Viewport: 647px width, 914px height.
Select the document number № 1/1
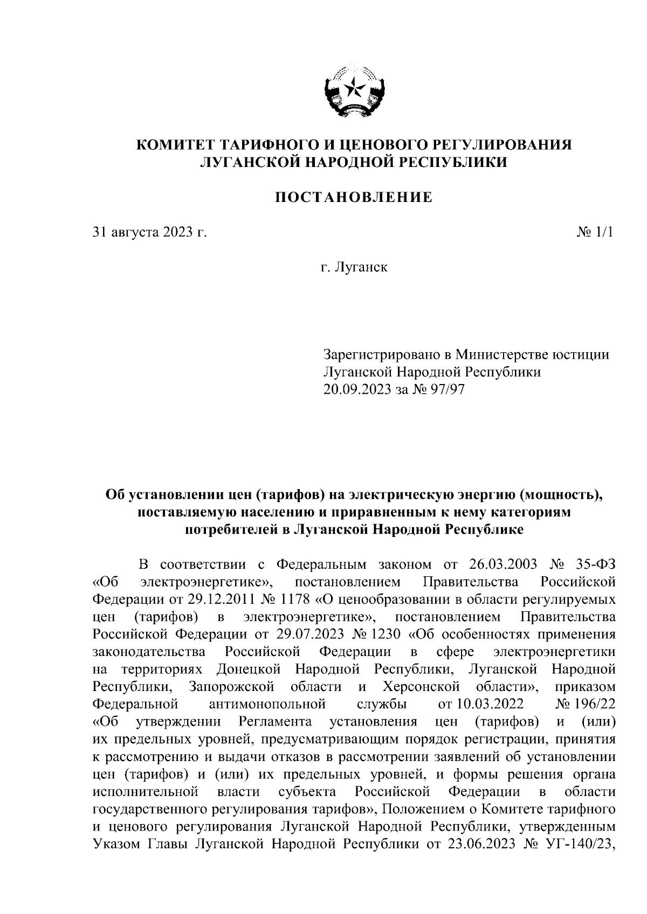(595, 233)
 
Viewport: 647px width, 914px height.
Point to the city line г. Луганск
(354, 267)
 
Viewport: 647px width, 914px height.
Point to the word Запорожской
(232, 687)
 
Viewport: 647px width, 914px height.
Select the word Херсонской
(421, 687)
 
